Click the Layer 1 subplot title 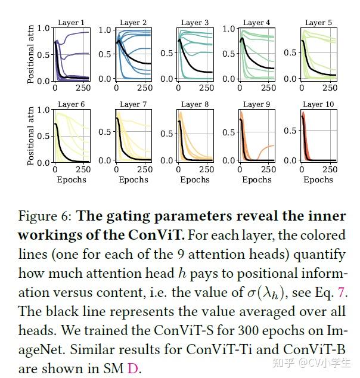(x=71, y=23)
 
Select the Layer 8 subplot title (x=195, y=104)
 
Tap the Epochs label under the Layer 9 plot (x=257, y=179)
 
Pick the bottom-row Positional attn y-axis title (x=31, y=135)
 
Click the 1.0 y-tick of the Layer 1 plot (x=43, y=28)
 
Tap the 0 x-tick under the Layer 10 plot (x=302, y=169)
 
